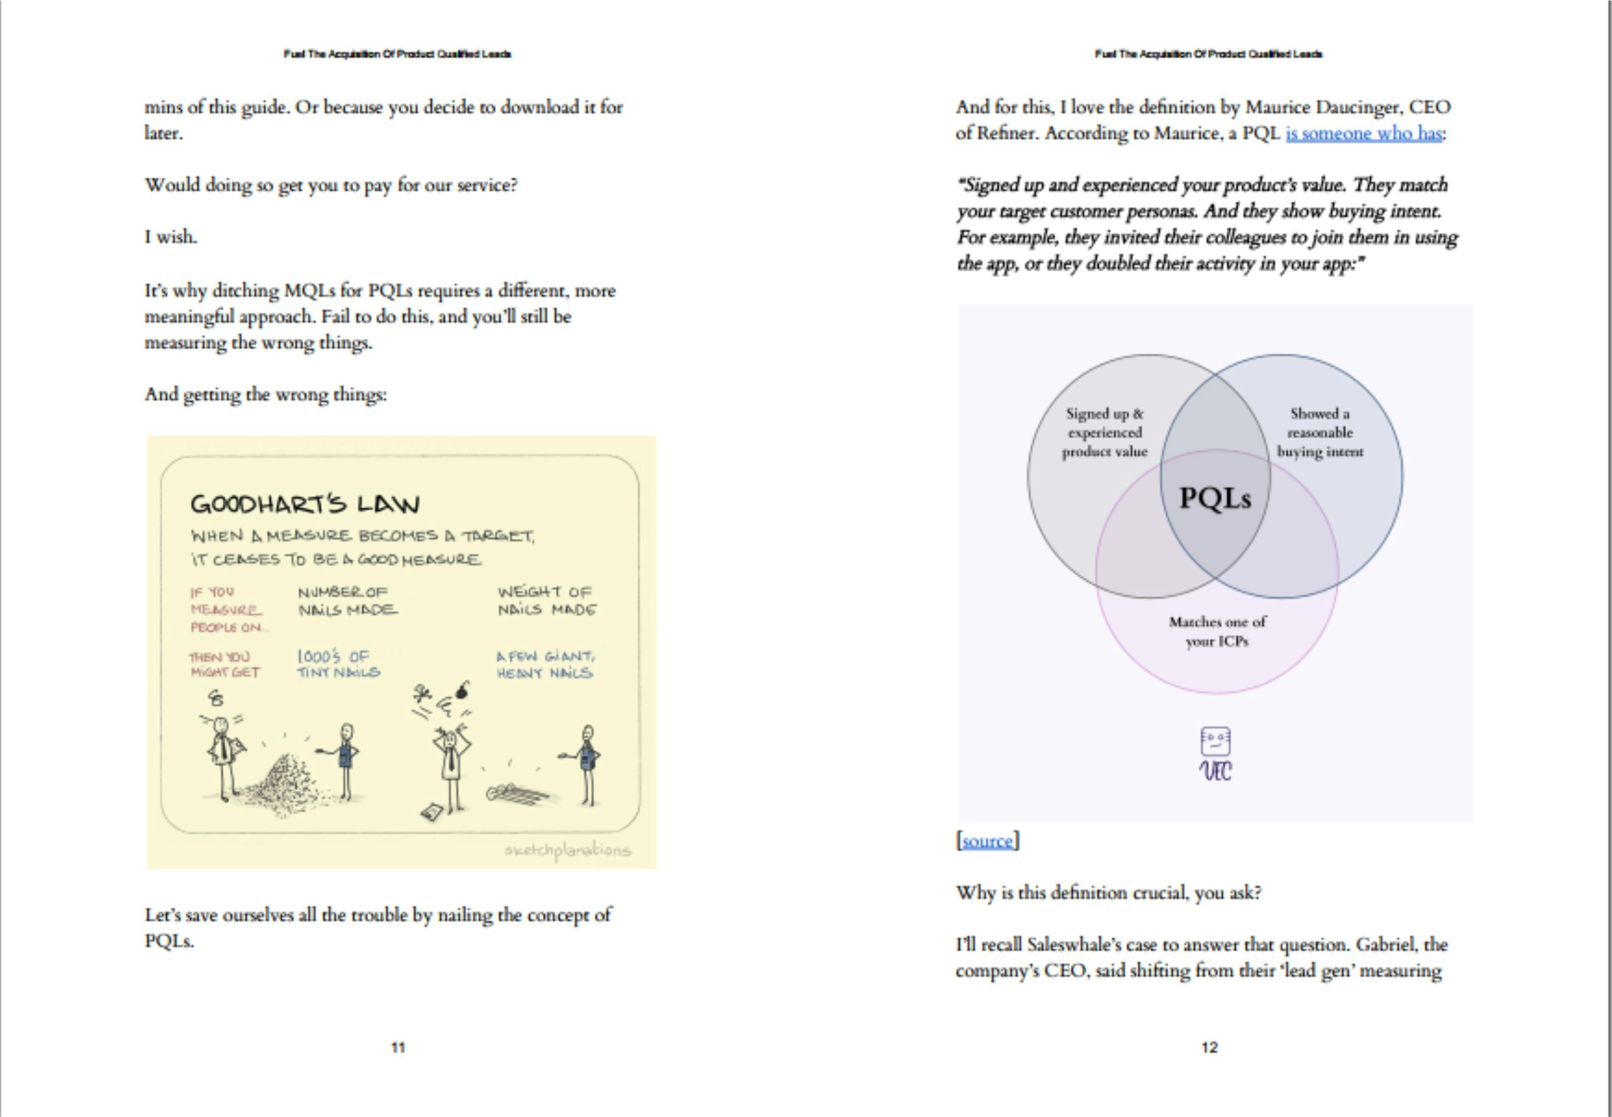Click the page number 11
tap(398, 1047)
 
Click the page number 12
tap(1210, 1047)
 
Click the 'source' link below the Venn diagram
tap(987, 841)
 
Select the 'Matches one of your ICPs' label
tap(1217, 631)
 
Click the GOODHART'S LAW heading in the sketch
tap(305, 504)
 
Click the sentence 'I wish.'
tap(171, 237)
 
